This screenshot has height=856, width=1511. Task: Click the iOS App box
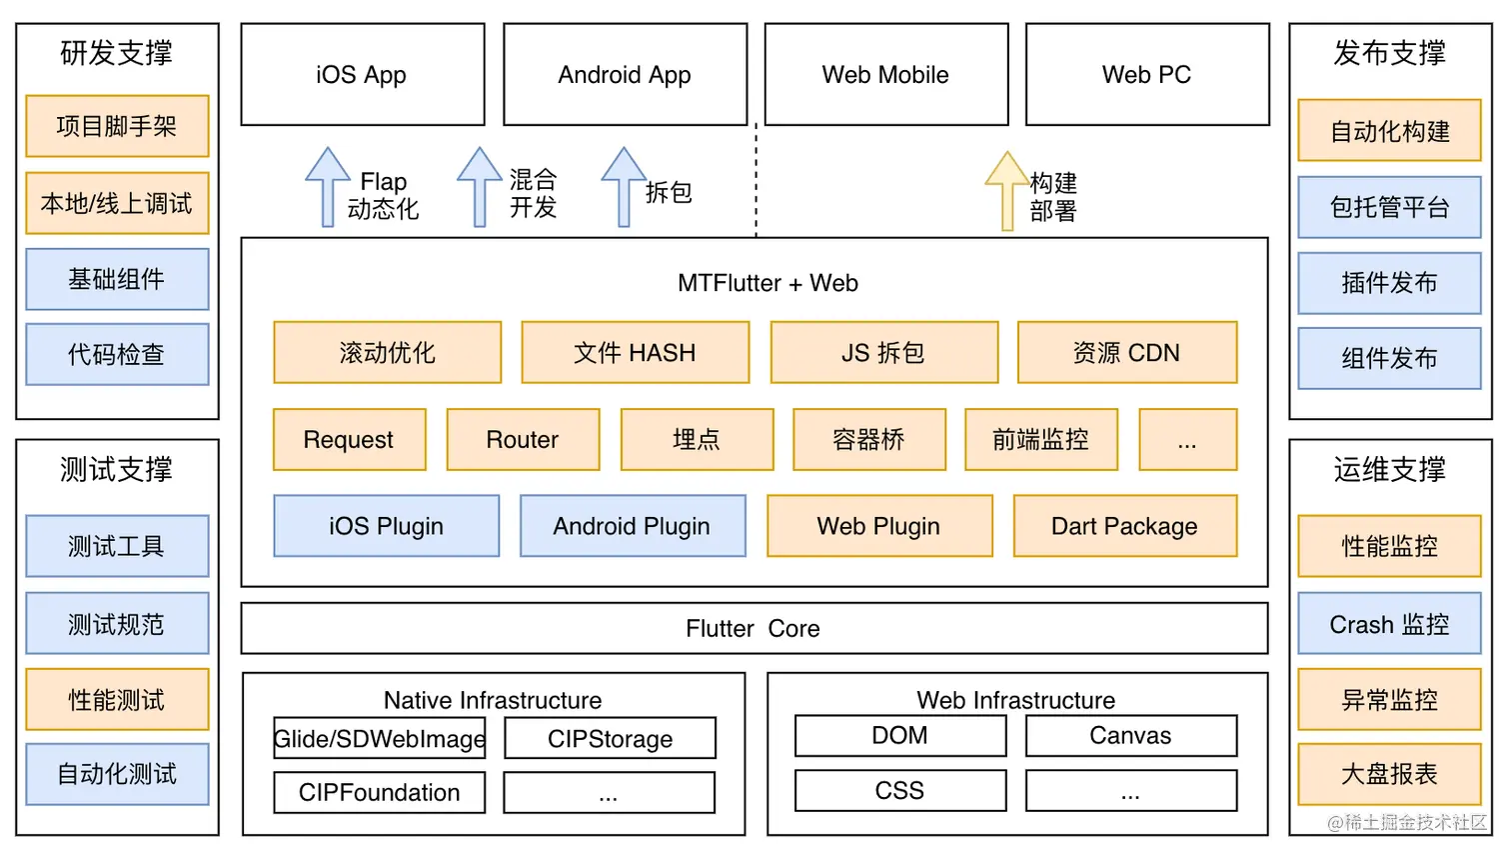(x=362, y=75)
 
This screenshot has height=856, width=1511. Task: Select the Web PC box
(x=1146, y=75)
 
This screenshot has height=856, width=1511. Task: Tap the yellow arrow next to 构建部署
(x=1006, y=191)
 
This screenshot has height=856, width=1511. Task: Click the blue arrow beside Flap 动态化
(x=327, y=187)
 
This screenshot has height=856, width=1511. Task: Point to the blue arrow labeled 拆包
(x=624, y=187)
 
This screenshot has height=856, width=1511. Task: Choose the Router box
(x=523, y=440)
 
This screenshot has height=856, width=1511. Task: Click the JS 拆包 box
(x=883, y=353)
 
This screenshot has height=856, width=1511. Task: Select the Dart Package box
(x=1124, y=526)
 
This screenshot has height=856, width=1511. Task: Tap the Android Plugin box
(x=632, y=526)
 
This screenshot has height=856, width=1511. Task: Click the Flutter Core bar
(x=754, y=629)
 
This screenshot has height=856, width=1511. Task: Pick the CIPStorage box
(x=610, y=739)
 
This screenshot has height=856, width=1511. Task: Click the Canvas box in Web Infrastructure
(x=1130, y=736)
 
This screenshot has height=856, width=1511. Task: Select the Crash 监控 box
(x=1389, y=625)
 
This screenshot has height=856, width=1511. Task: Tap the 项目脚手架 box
(x=117, y=127)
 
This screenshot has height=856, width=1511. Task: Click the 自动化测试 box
(x=117, y=774)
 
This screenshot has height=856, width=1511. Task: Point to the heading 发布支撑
(x=1389, y=53)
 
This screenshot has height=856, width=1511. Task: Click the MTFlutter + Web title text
(x=767, y=284)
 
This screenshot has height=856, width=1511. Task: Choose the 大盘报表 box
(x=1389, y=774)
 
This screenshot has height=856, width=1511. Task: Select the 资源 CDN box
(x=1126, y=353)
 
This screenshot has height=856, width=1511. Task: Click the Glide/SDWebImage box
(x=380, y=739)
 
